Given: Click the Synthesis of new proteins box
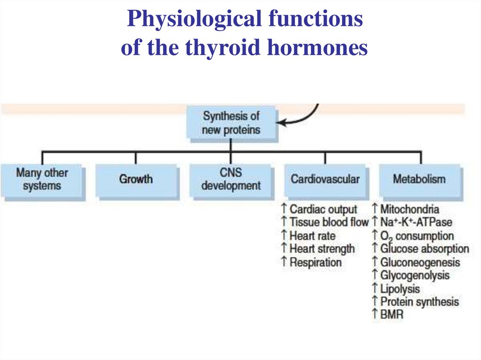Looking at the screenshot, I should click(x=231, y=123).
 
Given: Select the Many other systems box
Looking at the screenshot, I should click(x=42, y=179).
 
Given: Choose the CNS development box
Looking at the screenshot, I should click(x=231, y=179).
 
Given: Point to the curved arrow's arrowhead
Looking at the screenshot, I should click(x=280, y=123).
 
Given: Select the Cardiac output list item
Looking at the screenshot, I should click(x=323, y=209).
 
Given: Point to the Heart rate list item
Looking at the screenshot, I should click(x=312, y=235).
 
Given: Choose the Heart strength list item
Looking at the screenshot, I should click(x=322, y=248).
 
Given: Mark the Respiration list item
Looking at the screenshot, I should click(x=315, y=262).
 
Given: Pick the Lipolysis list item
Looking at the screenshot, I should click(x=400, y=288).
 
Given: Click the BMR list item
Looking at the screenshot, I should click(x=392, y=314).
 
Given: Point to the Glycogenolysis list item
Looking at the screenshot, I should click(x=415, y=275).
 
